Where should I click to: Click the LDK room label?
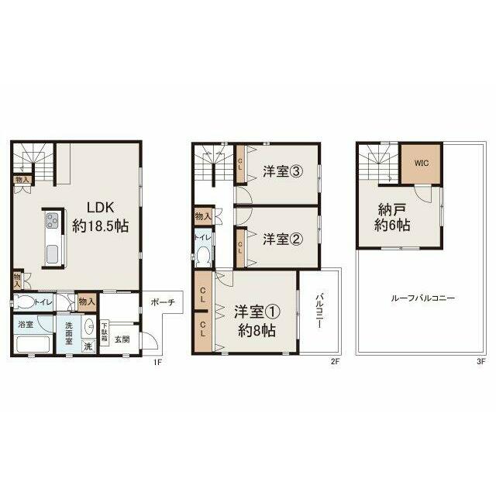(101, 208)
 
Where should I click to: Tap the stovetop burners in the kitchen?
(52, 220)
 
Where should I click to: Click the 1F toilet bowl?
(24, 301)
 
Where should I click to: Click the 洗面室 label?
(69, 333)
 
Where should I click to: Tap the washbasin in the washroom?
(90, 325)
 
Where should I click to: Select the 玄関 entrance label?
(122, 339)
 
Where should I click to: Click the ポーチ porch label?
(163, 302)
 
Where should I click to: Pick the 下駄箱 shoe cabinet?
(104, 331)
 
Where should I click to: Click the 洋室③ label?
(283, 172)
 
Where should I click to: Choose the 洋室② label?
(283, 239)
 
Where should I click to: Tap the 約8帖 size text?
(257, 331)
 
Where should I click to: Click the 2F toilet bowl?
(204, 256)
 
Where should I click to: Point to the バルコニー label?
(319, 310)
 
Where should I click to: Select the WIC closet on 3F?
(422, 164)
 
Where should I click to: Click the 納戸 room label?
(392, 210)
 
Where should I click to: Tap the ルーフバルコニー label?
(423, 298)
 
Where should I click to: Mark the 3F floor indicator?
(480, 362)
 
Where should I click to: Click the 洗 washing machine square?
(88, 346)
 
